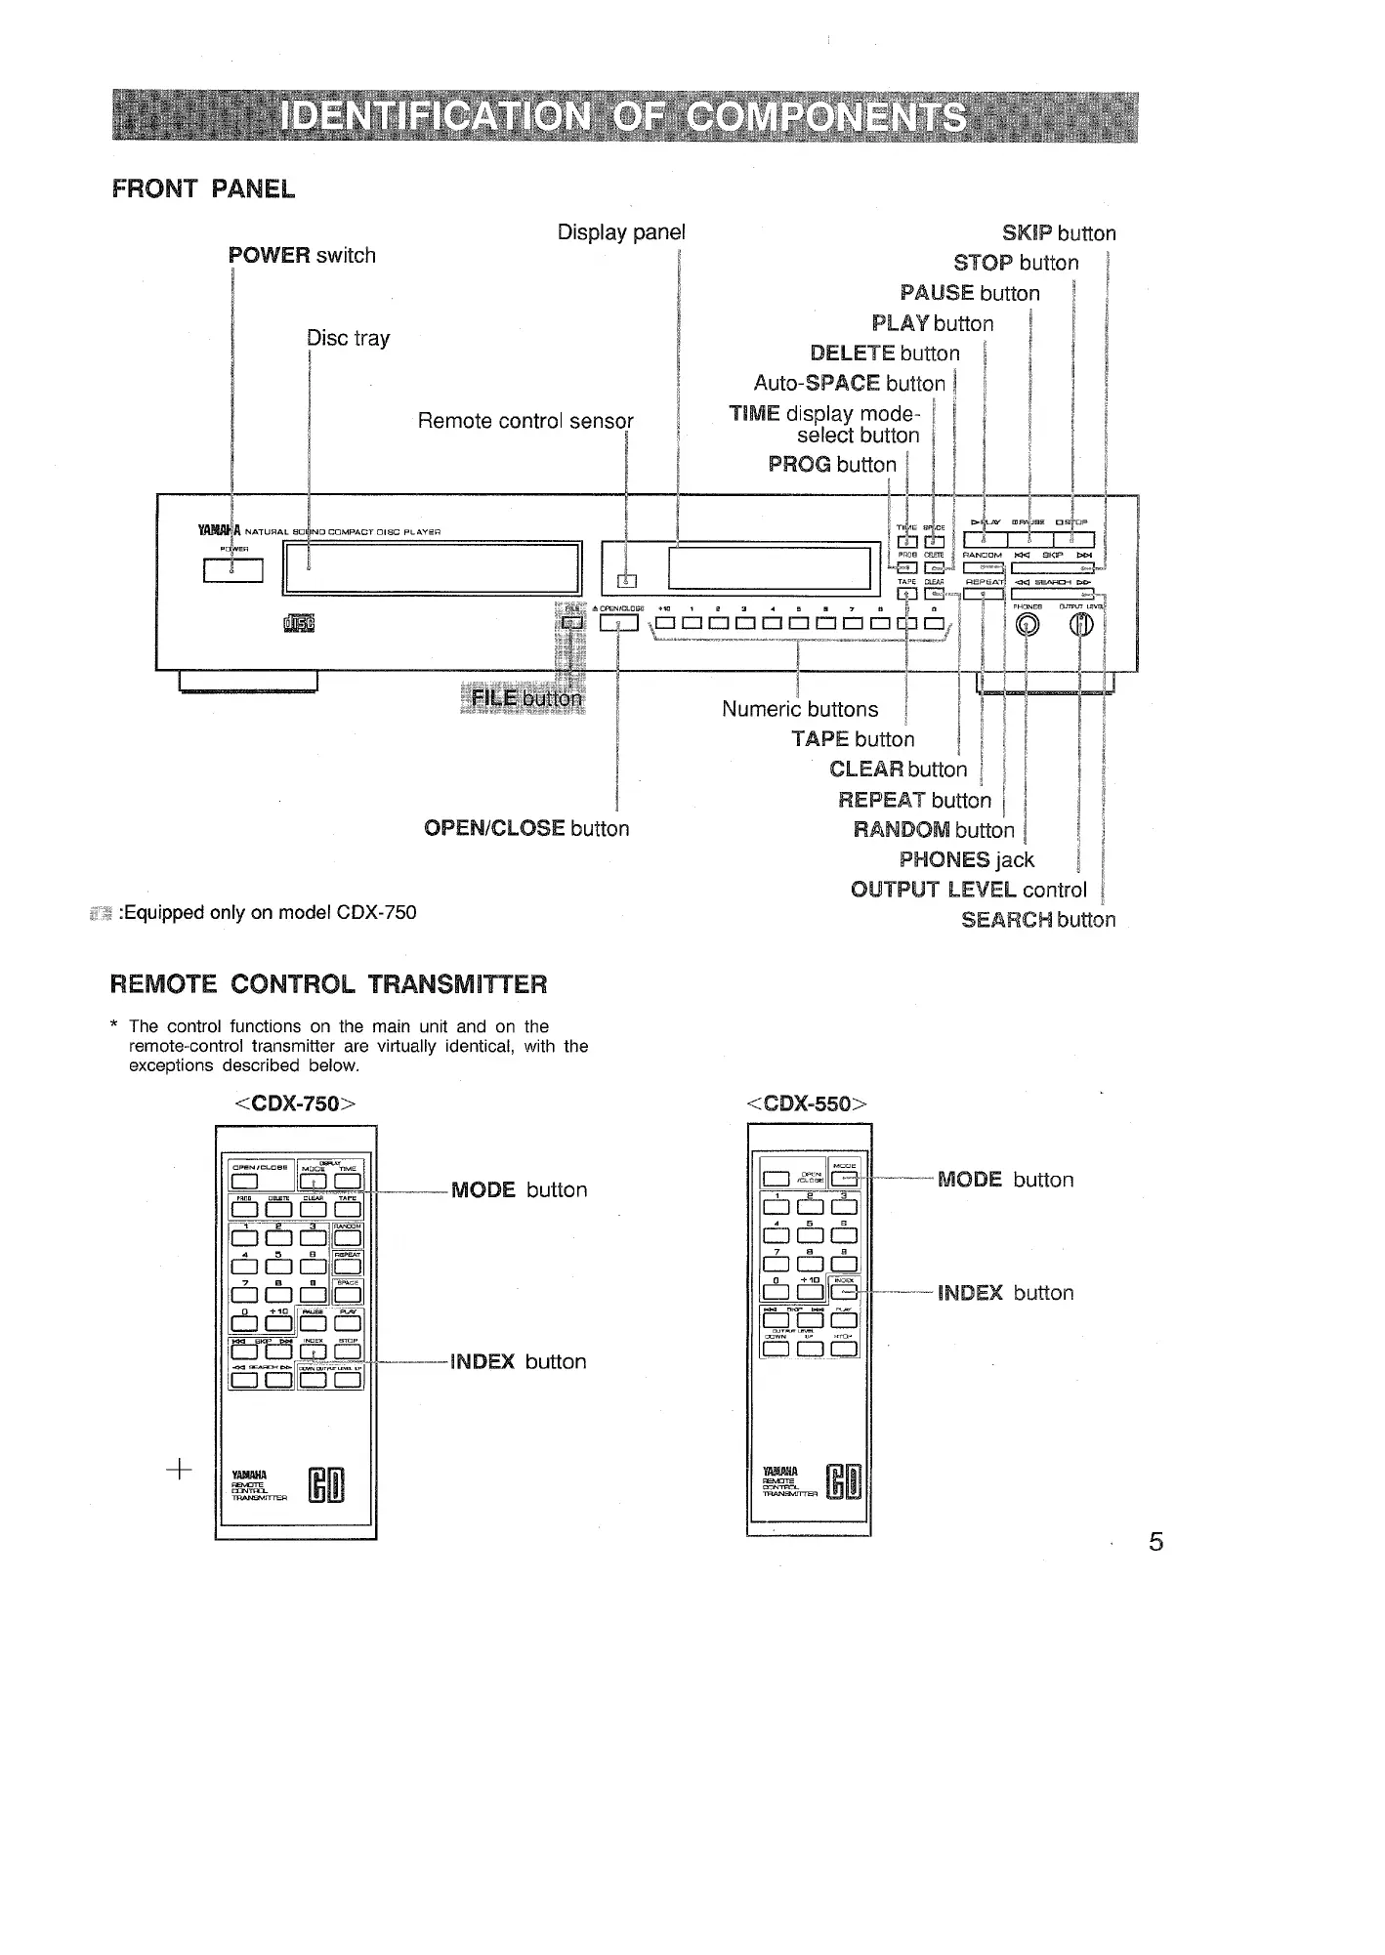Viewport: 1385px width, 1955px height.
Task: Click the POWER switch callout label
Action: point(302,256)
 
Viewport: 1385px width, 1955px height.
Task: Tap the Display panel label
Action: point(621,232)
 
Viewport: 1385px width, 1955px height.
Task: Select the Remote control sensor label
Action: point(525,421)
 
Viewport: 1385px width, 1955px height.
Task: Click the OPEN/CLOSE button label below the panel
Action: point(526,828)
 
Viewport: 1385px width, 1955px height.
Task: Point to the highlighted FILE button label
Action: point(525,698)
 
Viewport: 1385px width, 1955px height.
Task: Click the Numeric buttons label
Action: point(800,709)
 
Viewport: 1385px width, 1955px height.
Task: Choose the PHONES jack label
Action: point(966,859)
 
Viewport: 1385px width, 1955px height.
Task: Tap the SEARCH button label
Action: point(1037,920)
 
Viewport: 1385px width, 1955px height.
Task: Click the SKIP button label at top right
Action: point(1059,233)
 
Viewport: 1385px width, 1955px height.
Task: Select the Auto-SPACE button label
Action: point(850,383)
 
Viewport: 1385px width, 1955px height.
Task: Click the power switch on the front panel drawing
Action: point(232,569)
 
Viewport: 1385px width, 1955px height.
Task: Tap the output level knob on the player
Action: point(1080,625)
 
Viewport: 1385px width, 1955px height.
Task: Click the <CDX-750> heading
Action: point(294,1103)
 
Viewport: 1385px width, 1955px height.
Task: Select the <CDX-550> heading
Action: point(807,1103)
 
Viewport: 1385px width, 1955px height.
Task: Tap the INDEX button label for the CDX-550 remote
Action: point(1005,1293)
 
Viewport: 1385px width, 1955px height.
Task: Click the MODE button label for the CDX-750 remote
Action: point(519,1189)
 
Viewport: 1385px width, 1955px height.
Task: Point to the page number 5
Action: point(1156,1542)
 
